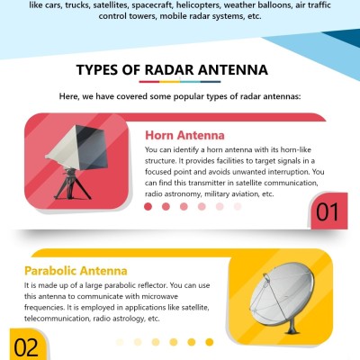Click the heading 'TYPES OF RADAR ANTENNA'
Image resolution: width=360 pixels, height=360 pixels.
(172, 70)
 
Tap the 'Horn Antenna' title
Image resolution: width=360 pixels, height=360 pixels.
(184, 135)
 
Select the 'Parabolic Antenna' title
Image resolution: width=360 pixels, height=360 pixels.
(76, 271)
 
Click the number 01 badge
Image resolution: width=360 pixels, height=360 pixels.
(328, 212)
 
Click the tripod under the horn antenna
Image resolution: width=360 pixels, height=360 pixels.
(72, 184)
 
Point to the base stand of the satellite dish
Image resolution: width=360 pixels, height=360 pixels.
(292, 327)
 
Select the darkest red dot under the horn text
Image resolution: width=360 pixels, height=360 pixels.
(148, 206)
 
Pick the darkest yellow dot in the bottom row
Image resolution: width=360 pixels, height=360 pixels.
(210, 342)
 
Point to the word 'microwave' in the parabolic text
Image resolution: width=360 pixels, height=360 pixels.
(159, 296)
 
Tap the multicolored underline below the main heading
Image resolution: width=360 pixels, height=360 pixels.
(180, 82)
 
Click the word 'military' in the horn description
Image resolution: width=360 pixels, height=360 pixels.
(217, 194)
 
